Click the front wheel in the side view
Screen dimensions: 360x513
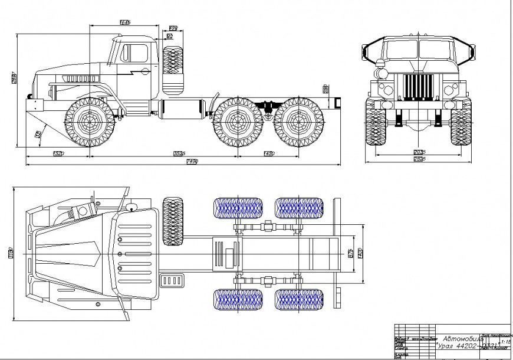(89, 123)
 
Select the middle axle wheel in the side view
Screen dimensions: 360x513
(238, 123)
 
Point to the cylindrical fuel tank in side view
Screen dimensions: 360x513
(183, 110)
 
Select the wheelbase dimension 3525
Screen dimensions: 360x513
(179, 153)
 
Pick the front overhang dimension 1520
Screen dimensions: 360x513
(58, 153)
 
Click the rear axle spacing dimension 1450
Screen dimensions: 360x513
(268, 153)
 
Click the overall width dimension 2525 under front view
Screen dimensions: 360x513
(418, 159)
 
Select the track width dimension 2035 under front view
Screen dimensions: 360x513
(418, 152)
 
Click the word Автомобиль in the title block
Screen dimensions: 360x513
(462, 338)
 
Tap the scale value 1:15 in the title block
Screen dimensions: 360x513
(505, 342)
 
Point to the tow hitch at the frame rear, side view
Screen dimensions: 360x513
(337, 103)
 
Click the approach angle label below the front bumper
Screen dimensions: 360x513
(39, 135)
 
